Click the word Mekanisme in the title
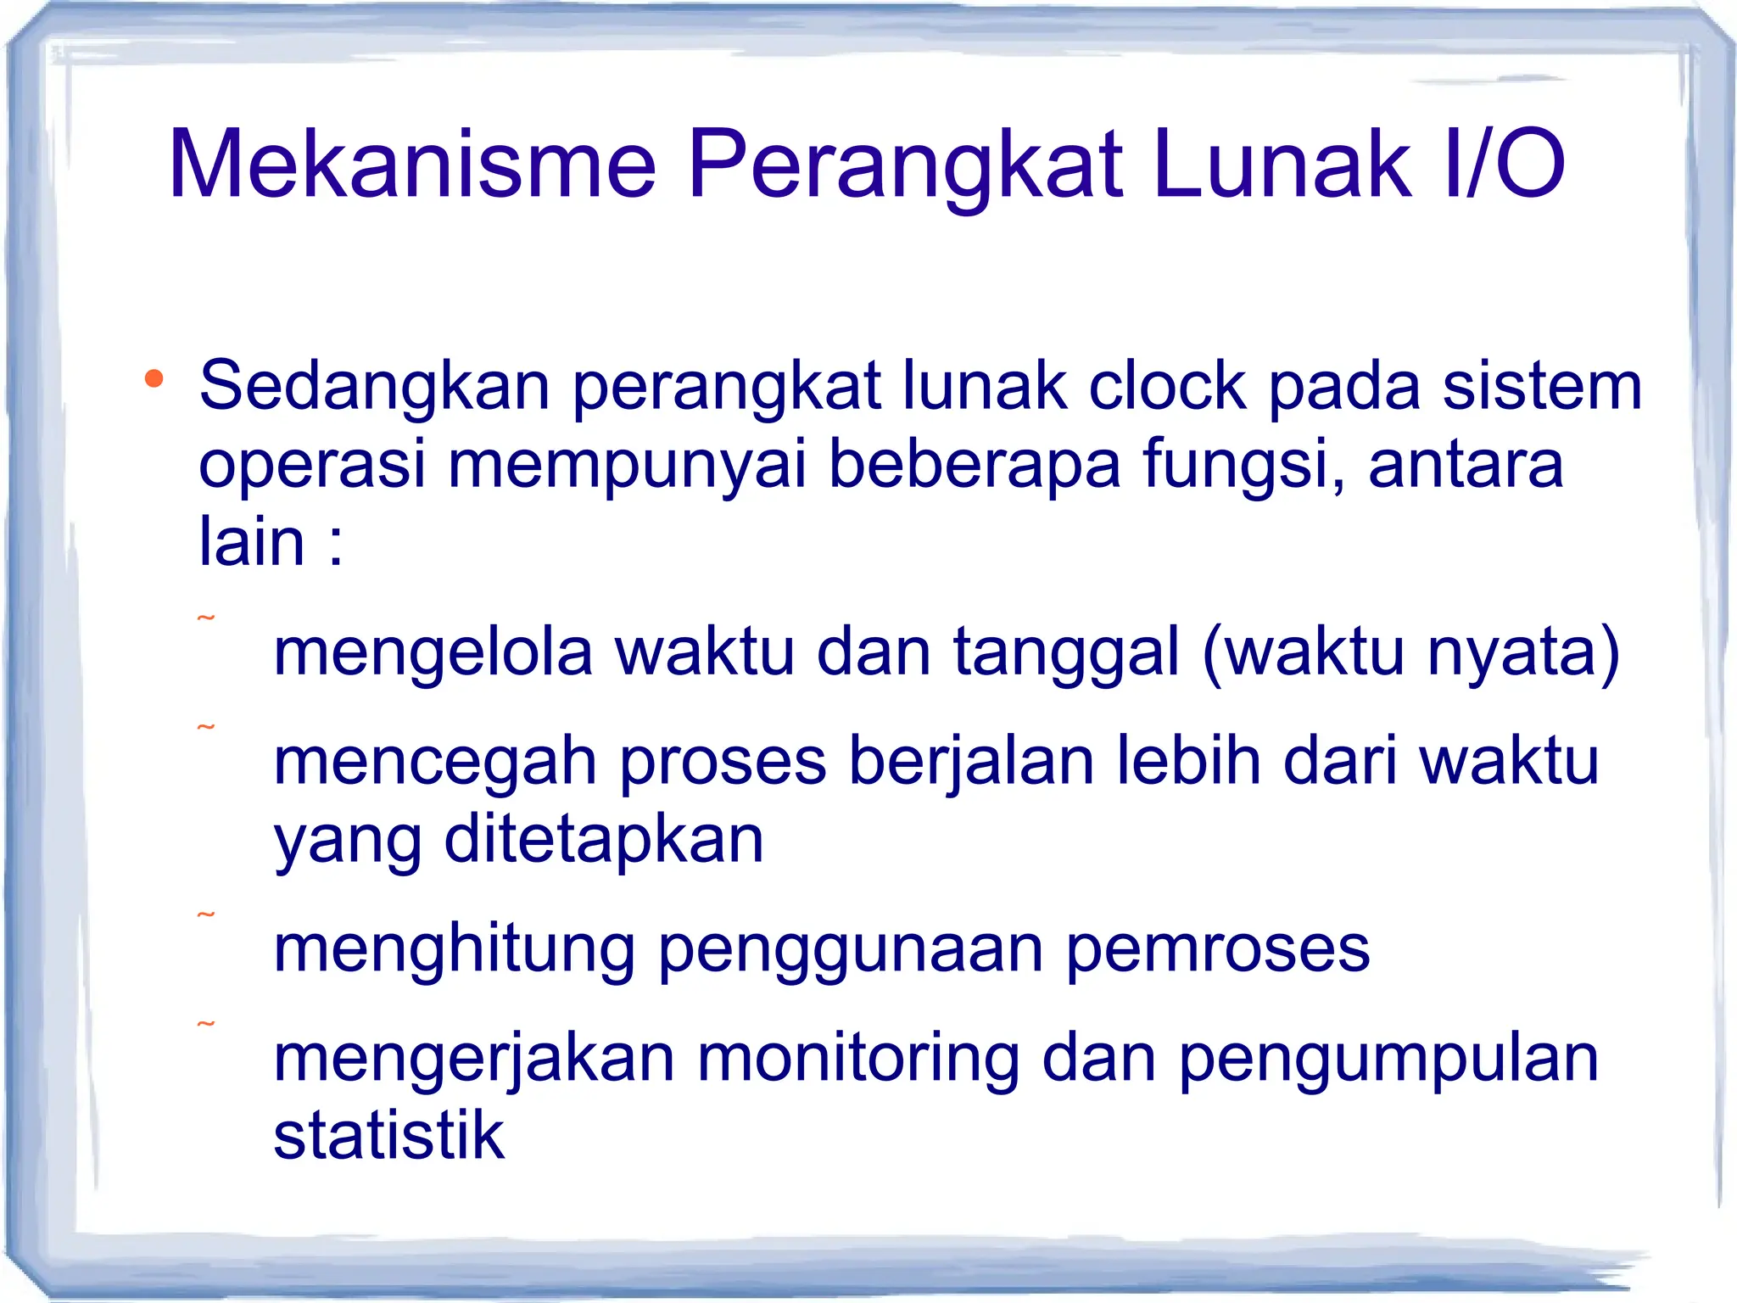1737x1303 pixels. (x=413, y=164)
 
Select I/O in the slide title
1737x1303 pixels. (x=1502, y=164)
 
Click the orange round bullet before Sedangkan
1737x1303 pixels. (x=154, y=378)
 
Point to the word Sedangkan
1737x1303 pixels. (x=374, y=387)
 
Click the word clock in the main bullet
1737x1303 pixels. (x=1168, y=387)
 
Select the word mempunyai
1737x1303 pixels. (x=627, y=465)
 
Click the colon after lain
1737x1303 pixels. (x=336, y=543)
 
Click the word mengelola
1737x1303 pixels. (x=433, y=652)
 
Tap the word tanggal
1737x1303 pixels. (x=1066, y=652)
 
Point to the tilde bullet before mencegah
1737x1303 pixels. (x=206, y=728)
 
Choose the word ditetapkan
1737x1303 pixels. (x=604, y=839)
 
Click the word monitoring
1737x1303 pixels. (x=858, y=1059)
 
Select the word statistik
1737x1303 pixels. (x=388, y=1135)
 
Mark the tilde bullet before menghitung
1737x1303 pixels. (x=206, y=915)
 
